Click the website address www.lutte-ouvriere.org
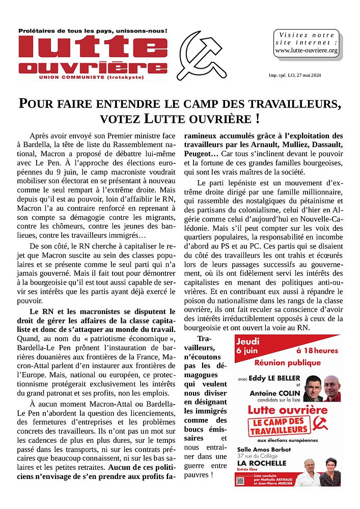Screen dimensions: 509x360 pos(306,50)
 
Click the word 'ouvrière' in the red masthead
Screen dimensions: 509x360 pos(89,68)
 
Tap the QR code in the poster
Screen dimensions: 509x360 pos(241,478)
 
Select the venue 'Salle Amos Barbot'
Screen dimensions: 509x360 pos(264,449)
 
